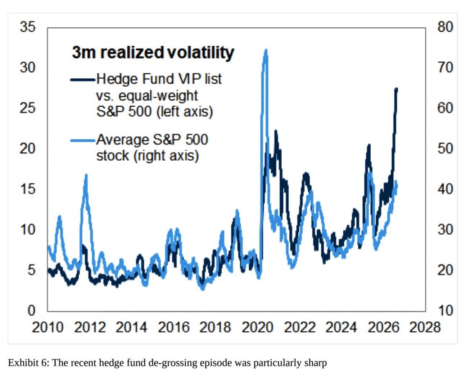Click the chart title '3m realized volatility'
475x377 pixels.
tap(153, 53)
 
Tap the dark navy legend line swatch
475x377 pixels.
tap(83, 79)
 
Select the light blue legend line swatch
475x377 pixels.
tap(83, 140)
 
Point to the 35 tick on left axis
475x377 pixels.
tap(28, 27)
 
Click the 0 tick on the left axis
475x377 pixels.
tap(31, 311)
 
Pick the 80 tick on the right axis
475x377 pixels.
tap(445, 27)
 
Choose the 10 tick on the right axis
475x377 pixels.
tap(445, 311)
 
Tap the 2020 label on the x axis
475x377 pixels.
tap(257, 327)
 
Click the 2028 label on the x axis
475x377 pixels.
tap(425, 327)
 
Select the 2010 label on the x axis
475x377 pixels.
tap(48, 327)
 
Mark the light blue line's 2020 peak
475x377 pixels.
tap(266, 50)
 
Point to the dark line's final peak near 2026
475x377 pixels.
tap(397, 89)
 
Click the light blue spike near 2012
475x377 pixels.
tap(86, 175)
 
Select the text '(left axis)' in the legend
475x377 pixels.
tap(185, 111)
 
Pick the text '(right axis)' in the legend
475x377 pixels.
tap(166, 156)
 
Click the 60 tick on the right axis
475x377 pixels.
tap(445, 108)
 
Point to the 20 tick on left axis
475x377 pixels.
tap(28, 148)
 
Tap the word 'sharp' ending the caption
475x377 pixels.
tap(316, 363)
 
